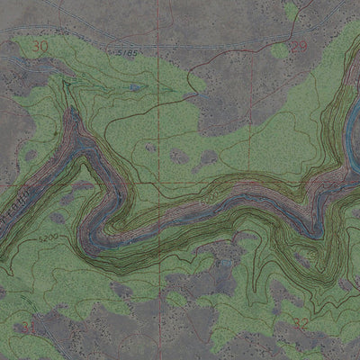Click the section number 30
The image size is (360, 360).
[x=38, y=45]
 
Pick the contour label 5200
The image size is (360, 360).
[x=49, y=238]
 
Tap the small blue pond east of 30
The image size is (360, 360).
[x=135, y=88]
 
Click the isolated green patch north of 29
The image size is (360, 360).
[x=291, y=11]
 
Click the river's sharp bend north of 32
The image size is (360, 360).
[x=315, y=229]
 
